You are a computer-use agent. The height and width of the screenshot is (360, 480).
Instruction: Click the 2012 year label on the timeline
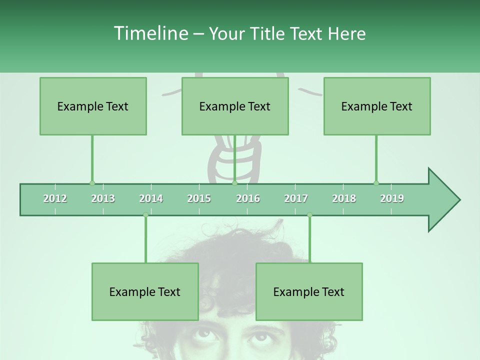click(55, 198)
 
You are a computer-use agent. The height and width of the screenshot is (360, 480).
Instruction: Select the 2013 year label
click(103, 198)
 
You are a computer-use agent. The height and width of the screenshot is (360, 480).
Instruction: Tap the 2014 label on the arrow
click(151, 198)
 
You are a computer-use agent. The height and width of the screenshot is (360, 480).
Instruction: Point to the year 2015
click(199, 198)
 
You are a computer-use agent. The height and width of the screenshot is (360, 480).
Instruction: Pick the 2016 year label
click(248, 198)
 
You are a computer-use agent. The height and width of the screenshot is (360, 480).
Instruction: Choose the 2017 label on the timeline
click(296, 198)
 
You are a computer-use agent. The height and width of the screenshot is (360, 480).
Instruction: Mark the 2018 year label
click(344, 198)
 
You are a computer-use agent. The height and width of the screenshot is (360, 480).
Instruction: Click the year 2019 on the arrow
click(392, 198)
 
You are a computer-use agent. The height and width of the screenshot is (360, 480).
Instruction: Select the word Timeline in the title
click(150, 33)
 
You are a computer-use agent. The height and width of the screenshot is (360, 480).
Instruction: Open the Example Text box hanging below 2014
click(145, 291)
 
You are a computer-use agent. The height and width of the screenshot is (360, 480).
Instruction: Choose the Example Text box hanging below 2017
click(309, 291)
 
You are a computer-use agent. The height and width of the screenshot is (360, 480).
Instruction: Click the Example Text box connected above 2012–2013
click(93, 106)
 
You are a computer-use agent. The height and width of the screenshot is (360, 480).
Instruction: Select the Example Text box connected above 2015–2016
click(235, 106)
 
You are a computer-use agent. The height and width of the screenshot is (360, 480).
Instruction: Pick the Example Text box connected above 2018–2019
click(377, 106)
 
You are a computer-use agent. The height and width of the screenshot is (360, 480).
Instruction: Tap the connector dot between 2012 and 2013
click(92, 183)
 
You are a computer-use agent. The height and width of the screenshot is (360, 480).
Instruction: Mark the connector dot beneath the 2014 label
click(145, 215)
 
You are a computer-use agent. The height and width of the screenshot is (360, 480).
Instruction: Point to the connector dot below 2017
click(309, 215)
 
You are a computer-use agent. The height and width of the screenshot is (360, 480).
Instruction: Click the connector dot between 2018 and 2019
click(376, 183)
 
